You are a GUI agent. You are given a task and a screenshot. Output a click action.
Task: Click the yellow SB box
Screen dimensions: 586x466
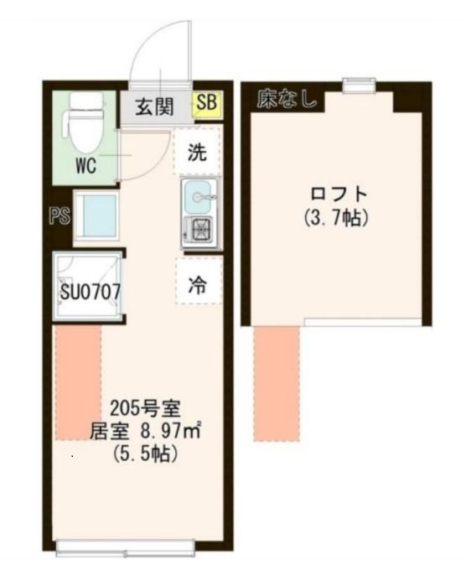click(x=205, y=105)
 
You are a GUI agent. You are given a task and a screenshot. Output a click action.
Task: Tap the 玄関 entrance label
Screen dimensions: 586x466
click(x=154, y=107)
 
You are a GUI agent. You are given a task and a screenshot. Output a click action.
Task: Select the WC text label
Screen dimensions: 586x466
click(x=85, y=165)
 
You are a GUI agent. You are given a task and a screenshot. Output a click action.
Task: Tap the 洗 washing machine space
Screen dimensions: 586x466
click(x=197, y=153)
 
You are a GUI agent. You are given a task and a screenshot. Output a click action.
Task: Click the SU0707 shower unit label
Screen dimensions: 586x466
click(x=91, y=293)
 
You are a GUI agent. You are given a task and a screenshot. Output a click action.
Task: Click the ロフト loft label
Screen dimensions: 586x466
click(x=335, y=194)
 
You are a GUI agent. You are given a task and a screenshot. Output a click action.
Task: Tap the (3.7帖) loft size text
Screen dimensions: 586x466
click(x=335, y=217)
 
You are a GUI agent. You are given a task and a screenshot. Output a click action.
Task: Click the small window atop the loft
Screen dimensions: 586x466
click(x=359, y=83)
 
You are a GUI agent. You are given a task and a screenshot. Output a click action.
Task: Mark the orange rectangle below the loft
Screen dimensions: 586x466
click(x=277, y=383)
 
